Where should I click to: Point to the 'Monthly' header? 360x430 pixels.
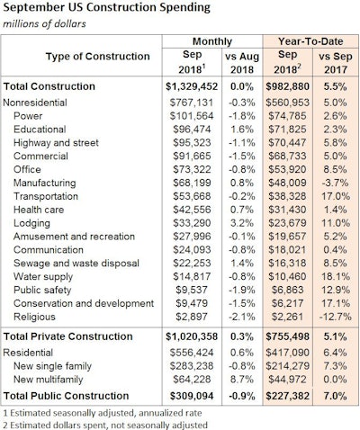(x=212, y=41)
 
